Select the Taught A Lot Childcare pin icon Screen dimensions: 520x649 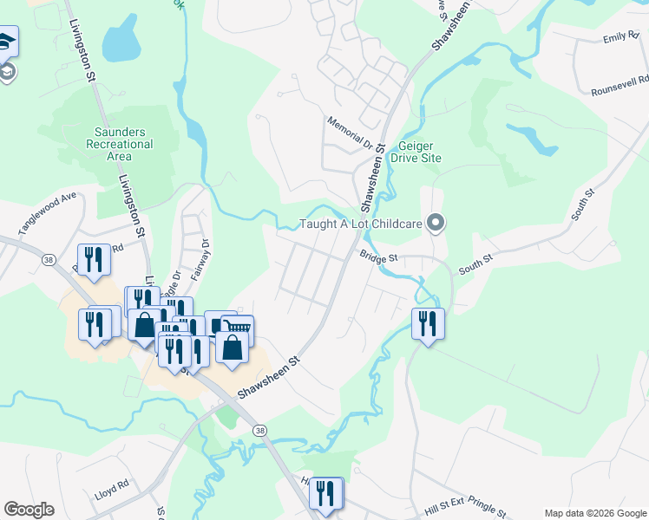(x=436, y=224)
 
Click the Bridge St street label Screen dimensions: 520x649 (x=379, y=257)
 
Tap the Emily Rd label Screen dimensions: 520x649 (x=621, y=37)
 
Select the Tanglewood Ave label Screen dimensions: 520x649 (x=48, y=214)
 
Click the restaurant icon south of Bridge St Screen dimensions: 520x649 (x=427, y=323)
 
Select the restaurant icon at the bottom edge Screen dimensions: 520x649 (x=326, y=493)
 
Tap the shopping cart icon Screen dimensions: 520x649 (x=239, y=328)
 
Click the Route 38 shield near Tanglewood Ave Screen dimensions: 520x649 (x=49, y=260)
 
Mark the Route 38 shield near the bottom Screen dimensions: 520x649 (x=259, y=430)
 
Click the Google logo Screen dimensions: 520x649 (x=29, y=510)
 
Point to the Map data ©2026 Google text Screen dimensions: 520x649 (x=594, y=513)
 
